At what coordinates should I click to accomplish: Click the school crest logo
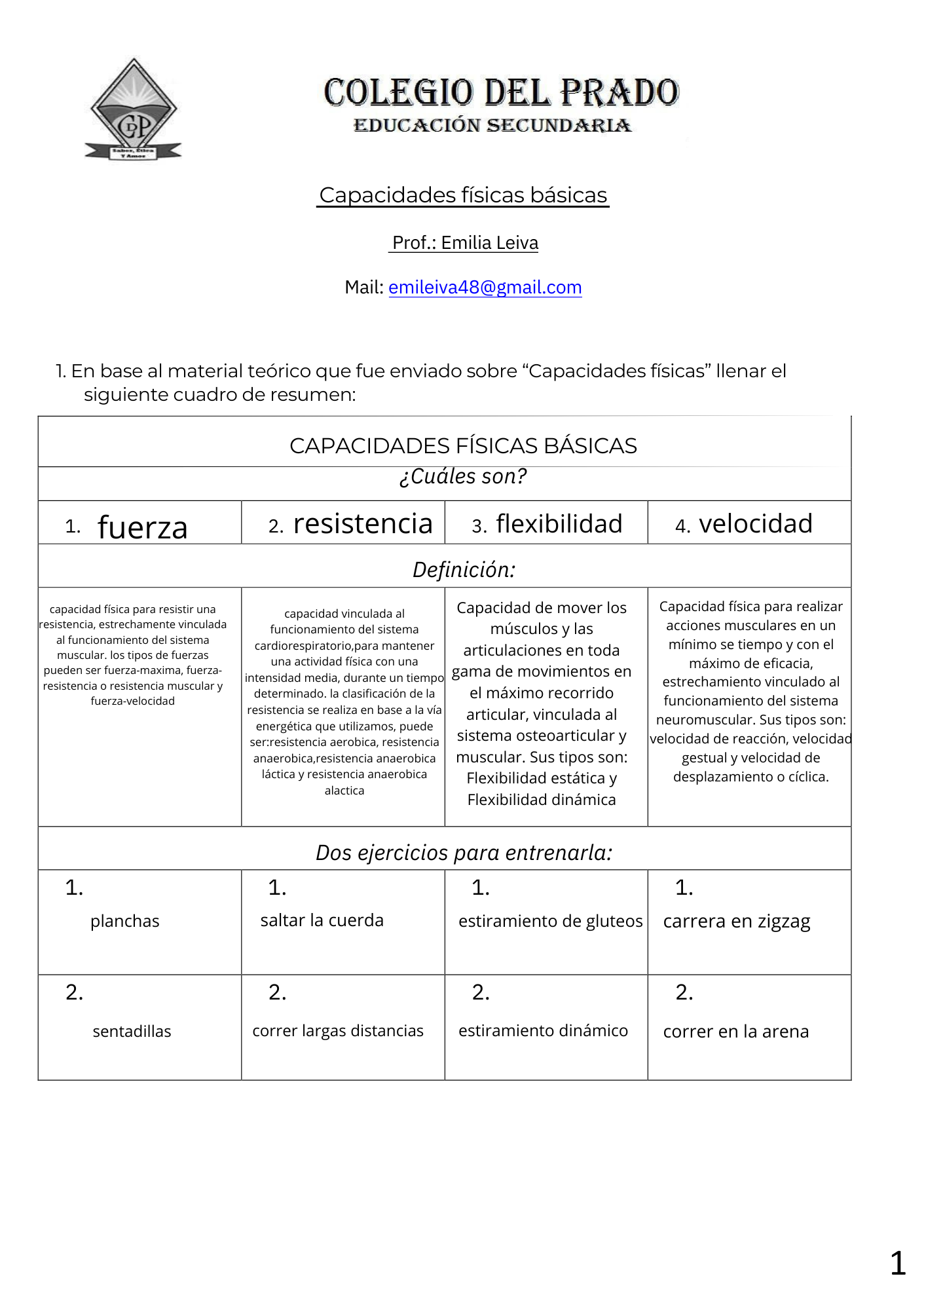click(134, 110)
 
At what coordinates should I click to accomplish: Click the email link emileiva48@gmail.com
click(485, 288)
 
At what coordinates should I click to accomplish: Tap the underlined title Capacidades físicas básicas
click(463, 195)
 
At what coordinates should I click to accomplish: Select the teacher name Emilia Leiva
click(489, 243)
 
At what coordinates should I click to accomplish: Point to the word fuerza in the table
click(142, 527)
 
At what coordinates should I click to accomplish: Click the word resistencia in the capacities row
click(363, 524)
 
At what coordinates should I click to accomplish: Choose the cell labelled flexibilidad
click(559, 524)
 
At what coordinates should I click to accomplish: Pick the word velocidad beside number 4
click(755, 524)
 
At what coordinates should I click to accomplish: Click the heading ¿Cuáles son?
click(463, 476)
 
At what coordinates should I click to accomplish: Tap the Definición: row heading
click(464, 570)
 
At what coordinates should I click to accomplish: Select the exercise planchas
click(124, 921)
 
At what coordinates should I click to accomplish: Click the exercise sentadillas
click(132, 1032)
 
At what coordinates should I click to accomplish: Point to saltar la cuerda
click(322, 920)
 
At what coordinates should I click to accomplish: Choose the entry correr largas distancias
click(338, 1031)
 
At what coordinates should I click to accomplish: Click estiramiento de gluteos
click(550, 921)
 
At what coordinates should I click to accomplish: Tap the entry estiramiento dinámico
click(543, 1031)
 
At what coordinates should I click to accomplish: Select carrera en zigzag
click(737, 922)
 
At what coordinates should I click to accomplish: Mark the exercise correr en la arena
click(736, 1032)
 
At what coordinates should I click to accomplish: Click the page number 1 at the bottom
click(898, 1263)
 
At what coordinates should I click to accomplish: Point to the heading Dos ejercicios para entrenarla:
click(464, 853)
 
